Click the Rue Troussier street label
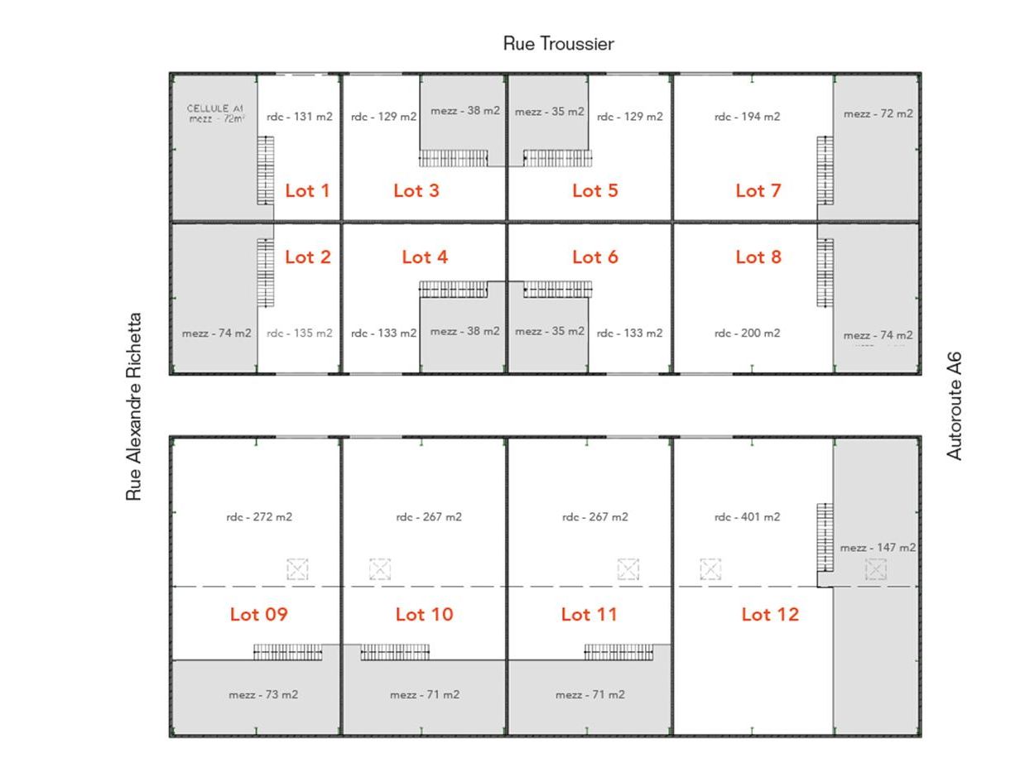(x=558, y=44)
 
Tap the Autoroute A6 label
(x=954, y=406)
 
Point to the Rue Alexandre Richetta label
(x=134, y=406)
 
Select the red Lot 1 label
(x=307, y=191)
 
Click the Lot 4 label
(x=425, y=257)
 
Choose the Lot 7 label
(x=758, y=191)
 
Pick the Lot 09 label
(x=258, y=614)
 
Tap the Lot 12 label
(x=770, y=614)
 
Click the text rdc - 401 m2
(x=747, y=516)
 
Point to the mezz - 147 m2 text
(x=878, y=547)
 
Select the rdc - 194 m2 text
(x=747, y=116)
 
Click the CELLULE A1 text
(x=215, y=108)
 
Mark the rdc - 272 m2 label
(x=259, y=516)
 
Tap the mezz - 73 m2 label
(x=263, y=694)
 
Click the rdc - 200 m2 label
(x=747, y=333)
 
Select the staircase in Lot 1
(x=265, y=170)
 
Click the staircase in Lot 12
(x=825, y=537)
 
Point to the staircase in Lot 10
(x=395, y=652)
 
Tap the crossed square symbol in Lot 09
(x=297, y=569)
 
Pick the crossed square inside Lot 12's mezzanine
(x=876, y=569)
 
